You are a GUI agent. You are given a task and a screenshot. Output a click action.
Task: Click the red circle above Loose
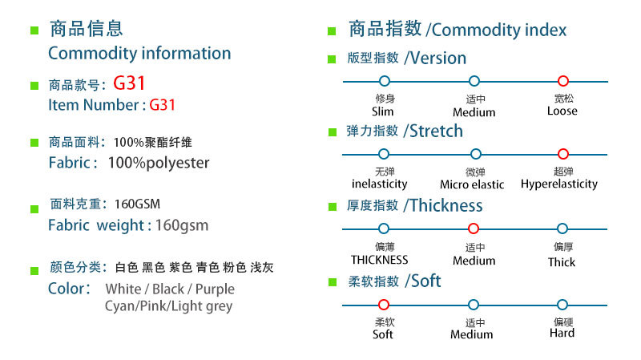click(562, 81)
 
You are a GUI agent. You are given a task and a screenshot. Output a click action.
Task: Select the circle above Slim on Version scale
click(384, 81)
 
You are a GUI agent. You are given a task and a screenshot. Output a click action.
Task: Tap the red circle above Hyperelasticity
click(562, 154)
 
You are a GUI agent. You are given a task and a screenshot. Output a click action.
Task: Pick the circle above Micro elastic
click(475, 154)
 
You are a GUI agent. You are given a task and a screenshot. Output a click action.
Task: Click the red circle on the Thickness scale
click(474, 229)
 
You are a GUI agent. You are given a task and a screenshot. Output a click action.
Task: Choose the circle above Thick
click(562, 229)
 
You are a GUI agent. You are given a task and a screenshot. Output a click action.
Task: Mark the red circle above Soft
click(383, 304)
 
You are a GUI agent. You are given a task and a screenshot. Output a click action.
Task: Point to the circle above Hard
click(562, 304)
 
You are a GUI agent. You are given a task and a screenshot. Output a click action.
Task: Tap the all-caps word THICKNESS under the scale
click(379, 260)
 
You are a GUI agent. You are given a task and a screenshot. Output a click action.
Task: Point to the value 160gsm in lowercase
click(182, 225)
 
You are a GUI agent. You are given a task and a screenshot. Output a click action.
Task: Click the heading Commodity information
click(139, 54)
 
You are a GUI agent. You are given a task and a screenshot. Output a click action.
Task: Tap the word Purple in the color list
click(215, 289)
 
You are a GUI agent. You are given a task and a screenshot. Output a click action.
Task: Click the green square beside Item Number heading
click(34, 85)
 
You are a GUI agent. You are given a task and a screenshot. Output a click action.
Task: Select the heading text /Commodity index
click(496, 30)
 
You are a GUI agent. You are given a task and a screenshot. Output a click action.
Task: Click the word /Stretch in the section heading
click(433, 131)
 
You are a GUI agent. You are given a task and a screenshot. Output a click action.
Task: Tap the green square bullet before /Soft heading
click(332, 283)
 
